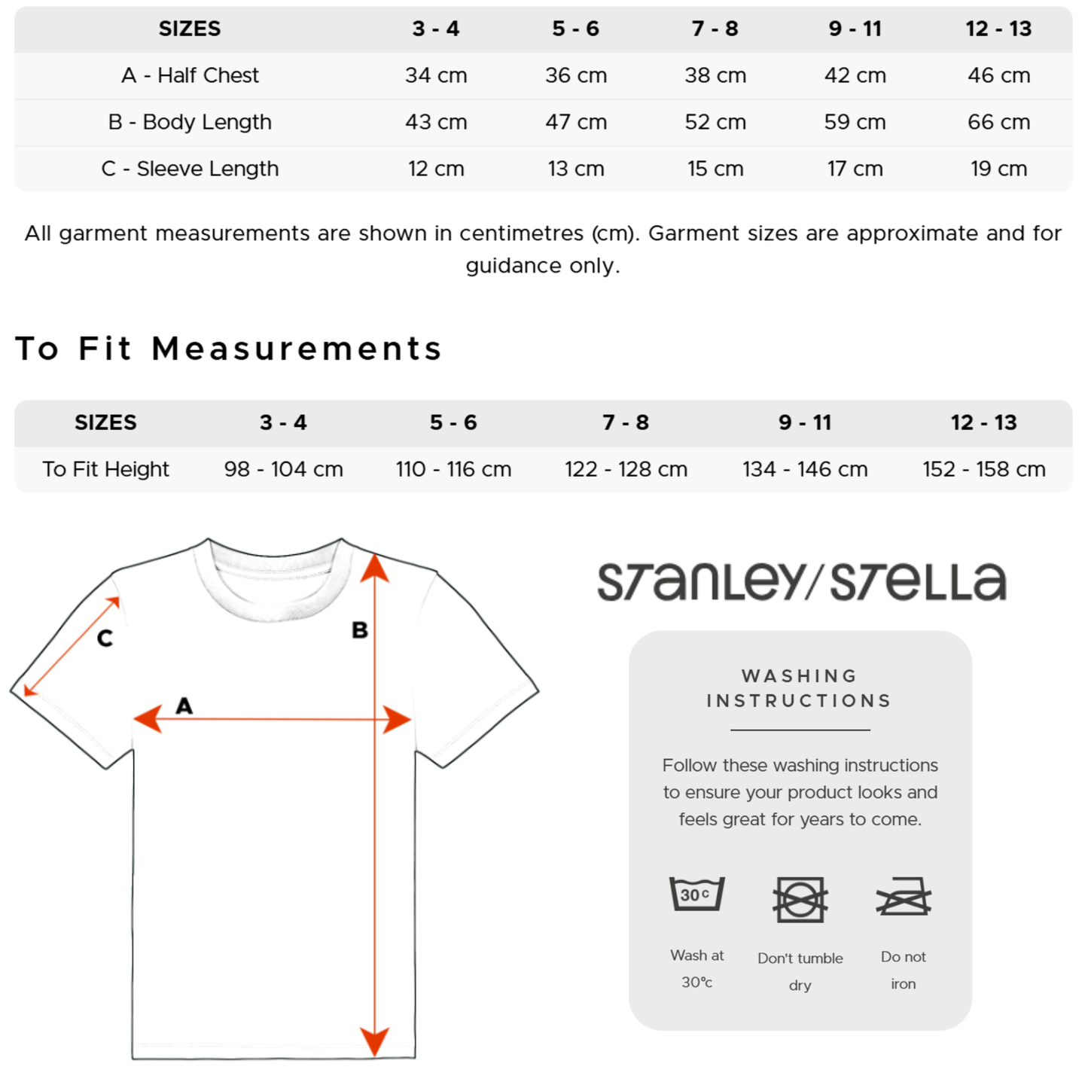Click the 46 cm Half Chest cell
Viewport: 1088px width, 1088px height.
pos(998,75)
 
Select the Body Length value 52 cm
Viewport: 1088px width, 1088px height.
pos(715,122)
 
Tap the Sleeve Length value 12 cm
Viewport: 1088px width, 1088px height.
pos(436,169)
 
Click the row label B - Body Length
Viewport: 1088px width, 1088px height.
pos(190,122)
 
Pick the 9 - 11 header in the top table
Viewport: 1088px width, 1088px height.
pos(855,29)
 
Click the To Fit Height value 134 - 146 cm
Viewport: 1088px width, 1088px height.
pos(805,469)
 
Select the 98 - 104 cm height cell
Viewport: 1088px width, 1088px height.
pos(283,469)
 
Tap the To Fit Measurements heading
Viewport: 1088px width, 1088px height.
pos(228,349)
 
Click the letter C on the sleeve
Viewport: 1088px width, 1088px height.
pos(105,638)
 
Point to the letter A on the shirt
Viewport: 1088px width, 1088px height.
pos(184,706)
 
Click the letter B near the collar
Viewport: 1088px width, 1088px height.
pos(360,630)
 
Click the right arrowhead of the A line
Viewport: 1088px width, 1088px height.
pos(397,720)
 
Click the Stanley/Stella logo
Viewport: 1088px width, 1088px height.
pos(801,582)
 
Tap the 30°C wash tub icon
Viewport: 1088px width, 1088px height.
pos(696,894)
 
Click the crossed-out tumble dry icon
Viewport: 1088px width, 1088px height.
pos(800,899)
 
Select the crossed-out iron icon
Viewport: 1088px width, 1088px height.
pos(904,897)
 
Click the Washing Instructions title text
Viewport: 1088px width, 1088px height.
pos(800,688)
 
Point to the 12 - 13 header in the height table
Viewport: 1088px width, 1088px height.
pos(983,422)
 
